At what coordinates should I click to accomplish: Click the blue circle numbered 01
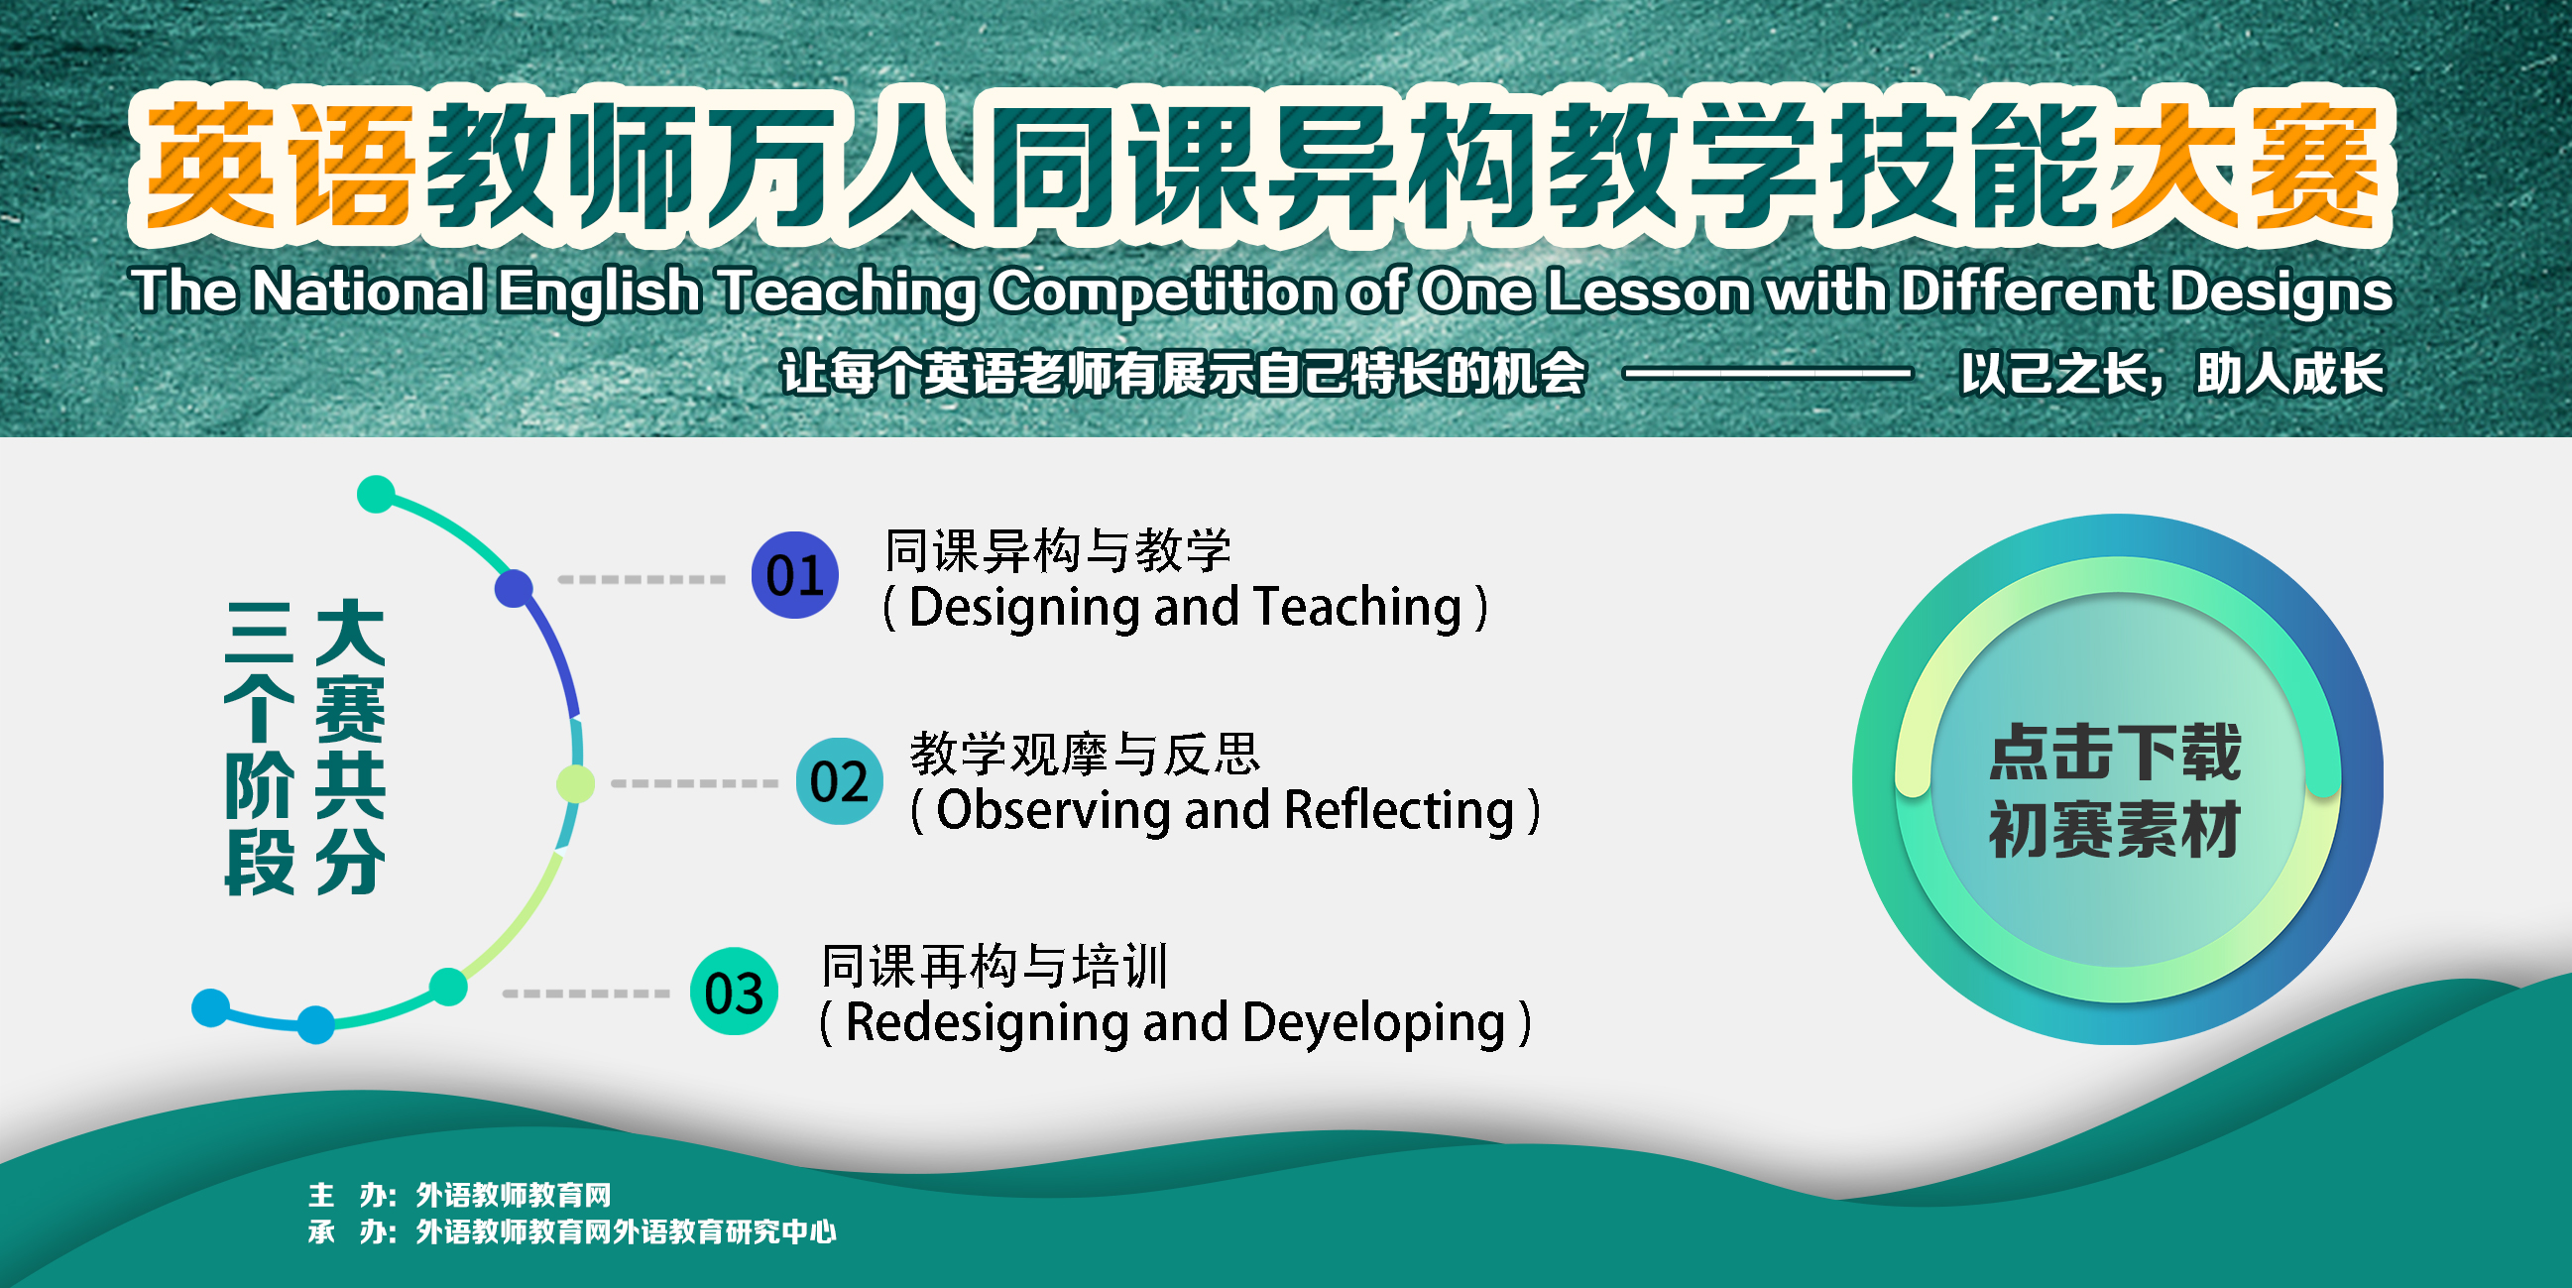[x=795, y=575]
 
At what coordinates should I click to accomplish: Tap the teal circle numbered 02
[x=839, y=780]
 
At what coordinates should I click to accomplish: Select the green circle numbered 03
[x=734, y=992]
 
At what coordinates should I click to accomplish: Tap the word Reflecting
[x=1400, y=812]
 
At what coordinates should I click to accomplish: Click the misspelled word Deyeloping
[x=1374, y=1024]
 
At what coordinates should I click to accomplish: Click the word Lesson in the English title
[x=1649, y=292]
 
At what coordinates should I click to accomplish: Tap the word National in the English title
[x=369, y=292]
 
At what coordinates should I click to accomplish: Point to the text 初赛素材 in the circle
[x=2116, y=829]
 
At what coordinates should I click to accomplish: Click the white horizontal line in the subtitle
[x=1768, y=375]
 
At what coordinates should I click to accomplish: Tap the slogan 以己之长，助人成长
[x=2171, y=375]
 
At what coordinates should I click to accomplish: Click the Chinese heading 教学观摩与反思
[x=1085, y=754]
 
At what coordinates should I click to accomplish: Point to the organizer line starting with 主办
[x=459, y=1194]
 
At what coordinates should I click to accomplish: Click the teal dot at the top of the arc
[x=377, y=494]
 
